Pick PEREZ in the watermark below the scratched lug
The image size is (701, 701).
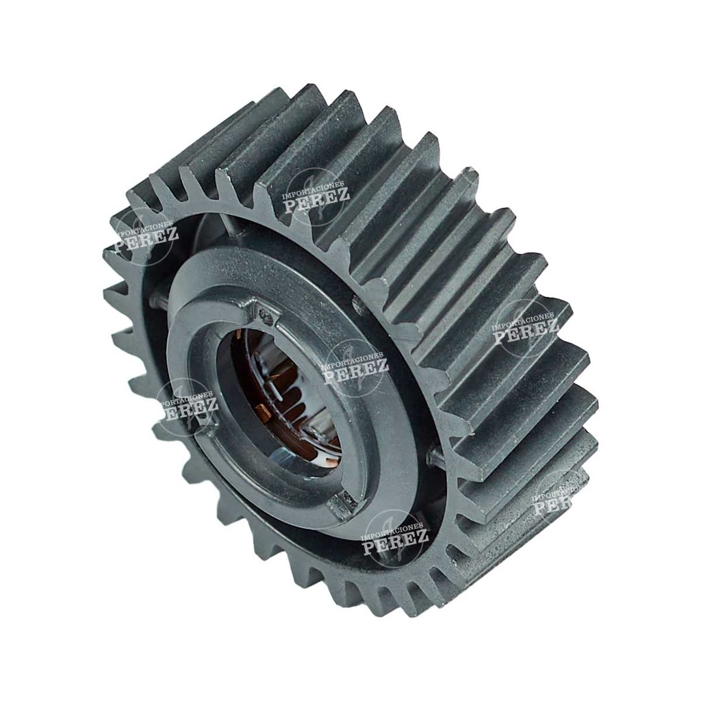click(x=395, y=541)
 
